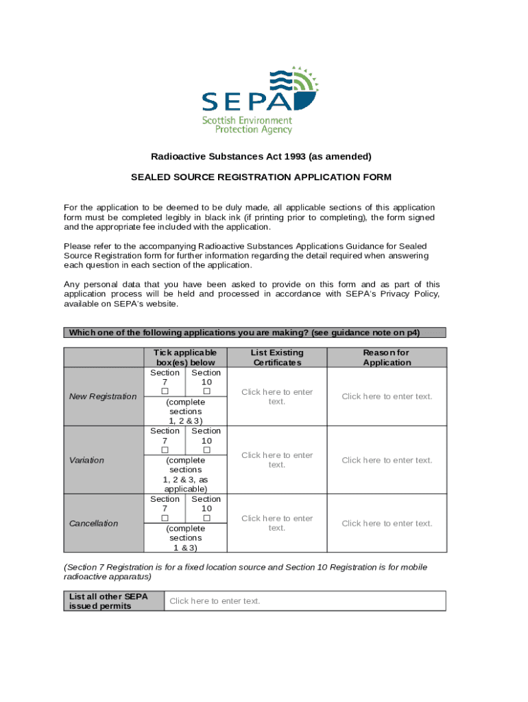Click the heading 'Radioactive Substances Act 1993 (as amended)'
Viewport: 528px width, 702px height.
[x=261, y=156]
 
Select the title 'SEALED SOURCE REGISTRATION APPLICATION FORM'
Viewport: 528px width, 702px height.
[x=261, y=177]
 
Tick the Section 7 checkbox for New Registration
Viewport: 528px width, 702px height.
[x=165, y=391]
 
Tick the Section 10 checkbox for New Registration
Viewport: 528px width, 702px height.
[x=206, y=391]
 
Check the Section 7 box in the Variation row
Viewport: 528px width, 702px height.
[x=165, y=450]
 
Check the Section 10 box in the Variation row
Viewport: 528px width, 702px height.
[x=206, y=450]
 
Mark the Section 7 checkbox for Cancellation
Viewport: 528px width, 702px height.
[x=165, y=518]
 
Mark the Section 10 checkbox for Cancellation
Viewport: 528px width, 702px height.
[x=206, y=518]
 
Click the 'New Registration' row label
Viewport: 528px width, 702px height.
[x=103, y=396]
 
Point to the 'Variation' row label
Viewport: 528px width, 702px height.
[x=87, y=460]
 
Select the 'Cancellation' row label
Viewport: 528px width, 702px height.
[x=94, y=523]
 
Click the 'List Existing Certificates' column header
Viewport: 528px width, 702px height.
[x=276, y=357]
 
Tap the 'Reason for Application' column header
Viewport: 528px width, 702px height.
[x=387, y=357]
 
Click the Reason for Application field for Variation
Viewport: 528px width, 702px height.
[x=387, y=460]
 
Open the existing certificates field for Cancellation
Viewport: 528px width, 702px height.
[x=276, y=523]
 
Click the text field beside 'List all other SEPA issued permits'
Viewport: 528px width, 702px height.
[x=304, y=601]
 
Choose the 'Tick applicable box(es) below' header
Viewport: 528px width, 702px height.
[x=185, y=357]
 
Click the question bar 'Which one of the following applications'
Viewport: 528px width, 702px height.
[x=254, y=332]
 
